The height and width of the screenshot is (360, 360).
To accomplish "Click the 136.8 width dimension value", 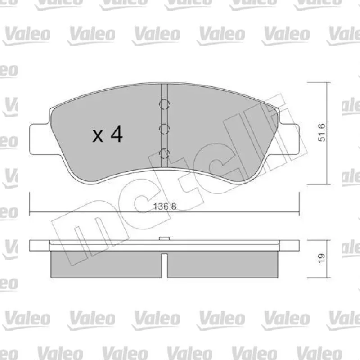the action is [x=165, y=207].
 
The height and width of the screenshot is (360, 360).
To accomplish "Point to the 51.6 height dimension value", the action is [x=322, y=132].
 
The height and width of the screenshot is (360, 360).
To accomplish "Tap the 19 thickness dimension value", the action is [x=322, y=258].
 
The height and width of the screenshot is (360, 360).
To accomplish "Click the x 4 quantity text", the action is [x=108, y=134].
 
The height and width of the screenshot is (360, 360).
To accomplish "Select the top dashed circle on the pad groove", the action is [x=164, y=104].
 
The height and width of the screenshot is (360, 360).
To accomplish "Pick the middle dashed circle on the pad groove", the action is [x=164, y=129].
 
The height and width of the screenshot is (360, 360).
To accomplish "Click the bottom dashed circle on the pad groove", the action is [x=164, y=154].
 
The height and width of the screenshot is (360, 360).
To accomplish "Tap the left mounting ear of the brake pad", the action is [x=40, y=139].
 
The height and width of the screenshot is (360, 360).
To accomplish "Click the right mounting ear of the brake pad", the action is [x=289, y=139].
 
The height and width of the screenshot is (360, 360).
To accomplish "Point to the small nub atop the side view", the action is [x=164, y=238].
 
